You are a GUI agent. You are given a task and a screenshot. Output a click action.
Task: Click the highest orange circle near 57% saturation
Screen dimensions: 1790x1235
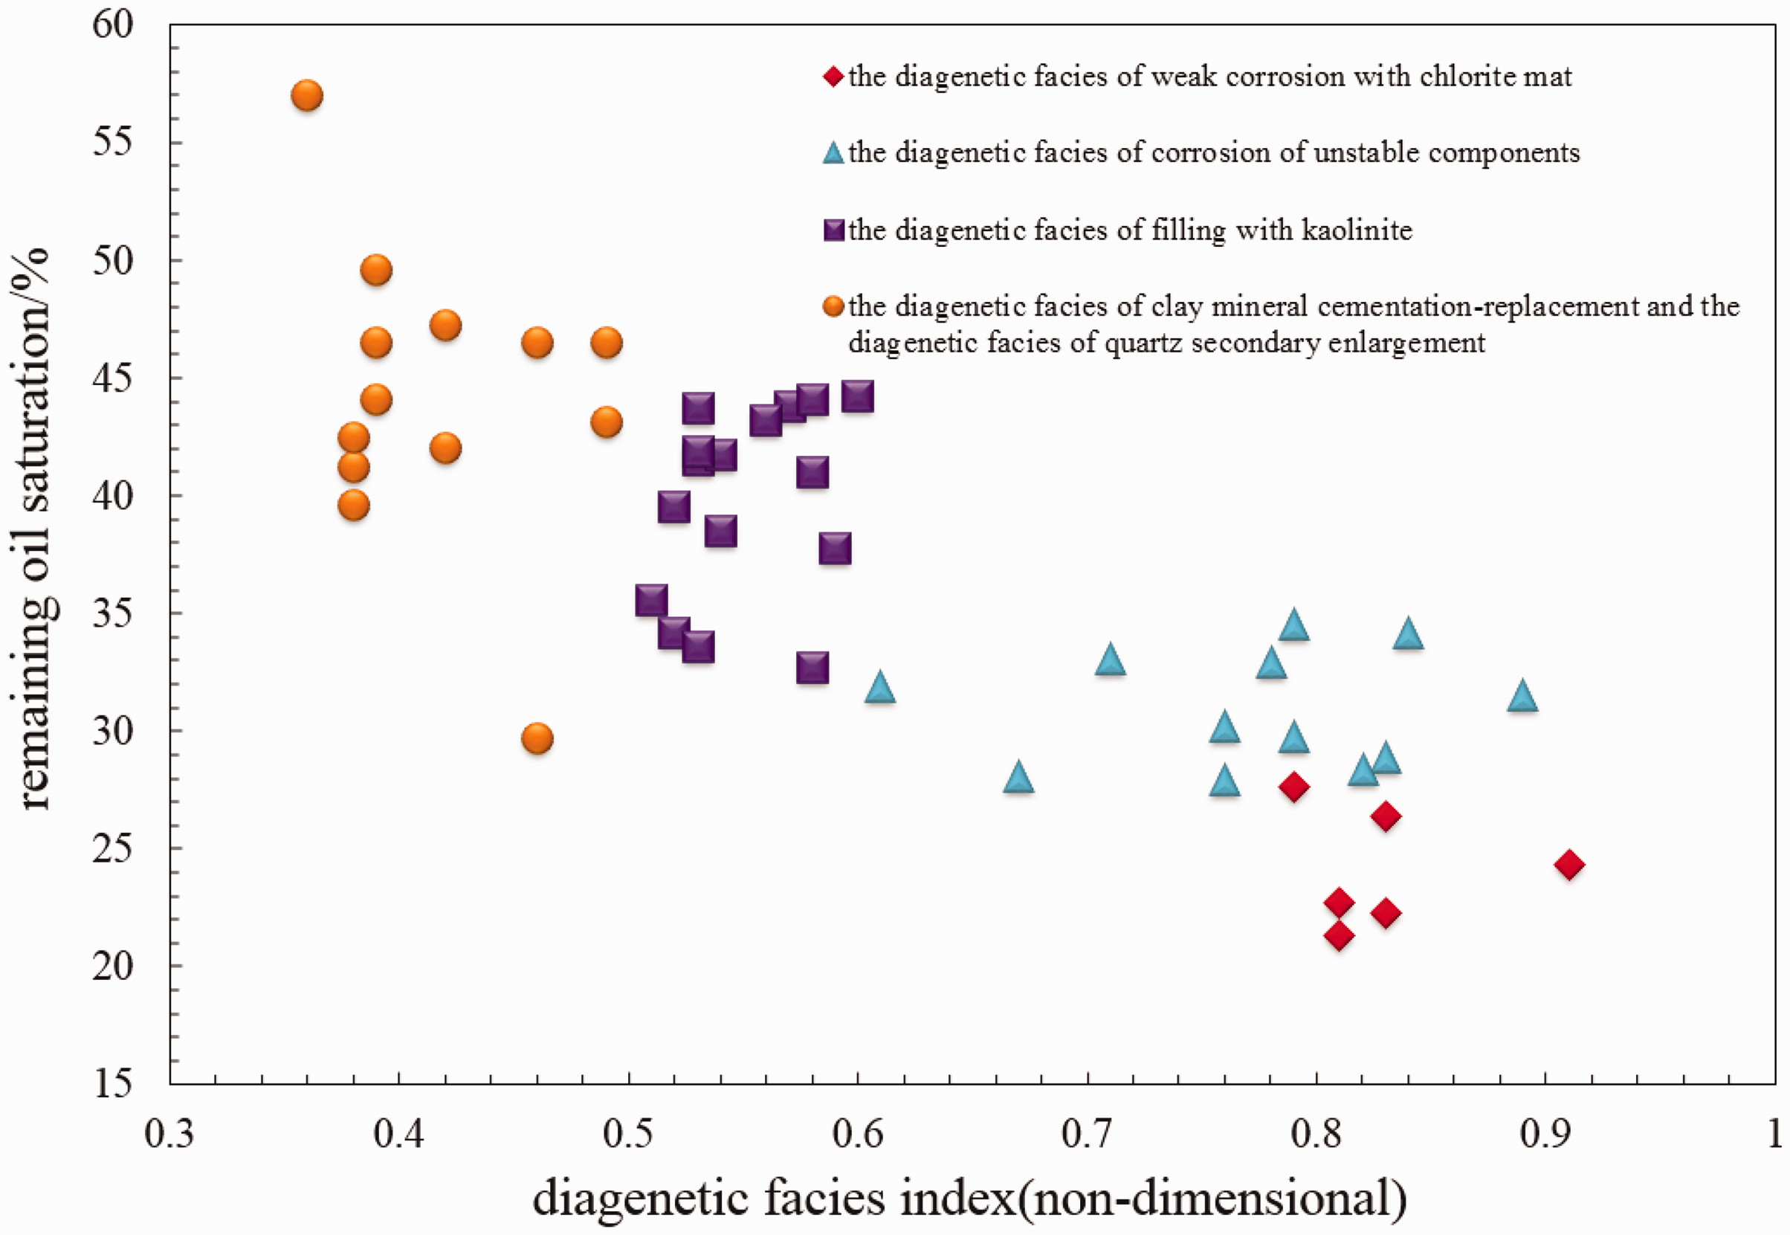307,96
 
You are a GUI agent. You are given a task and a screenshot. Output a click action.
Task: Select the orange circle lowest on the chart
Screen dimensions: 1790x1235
537,738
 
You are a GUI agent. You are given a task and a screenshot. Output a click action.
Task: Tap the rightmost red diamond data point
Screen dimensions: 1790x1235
1568,864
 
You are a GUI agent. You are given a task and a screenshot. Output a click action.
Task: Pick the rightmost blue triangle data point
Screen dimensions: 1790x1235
1522,697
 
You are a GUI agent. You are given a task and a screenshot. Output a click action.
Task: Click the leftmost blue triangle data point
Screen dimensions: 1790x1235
880,686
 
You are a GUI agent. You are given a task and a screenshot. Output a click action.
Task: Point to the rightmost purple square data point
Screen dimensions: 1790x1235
858,397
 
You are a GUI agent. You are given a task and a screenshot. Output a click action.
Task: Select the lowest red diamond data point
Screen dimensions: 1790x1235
1339,936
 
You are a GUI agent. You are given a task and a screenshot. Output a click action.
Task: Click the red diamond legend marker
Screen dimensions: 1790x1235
833,77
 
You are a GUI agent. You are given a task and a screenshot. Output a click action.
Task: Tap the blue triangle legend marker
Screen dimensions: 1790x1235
833,152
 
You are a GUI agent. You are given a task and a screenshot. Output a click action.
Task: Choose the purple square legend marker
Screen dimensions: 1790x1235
834,230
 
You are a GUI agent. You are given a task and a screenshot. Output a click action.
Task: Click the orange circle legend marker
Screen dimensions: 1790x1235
833,306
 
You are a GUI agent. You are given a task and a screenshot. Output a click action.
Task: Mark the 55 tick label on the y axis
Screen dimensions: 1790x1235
113,144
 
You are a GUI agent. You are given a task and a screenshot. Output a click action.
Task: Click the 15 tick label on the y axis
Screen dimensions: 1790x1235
113,1084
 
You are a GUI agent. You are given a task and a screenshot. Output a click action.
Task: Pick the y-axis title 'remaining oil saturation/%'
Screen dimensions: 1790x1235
34,530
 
